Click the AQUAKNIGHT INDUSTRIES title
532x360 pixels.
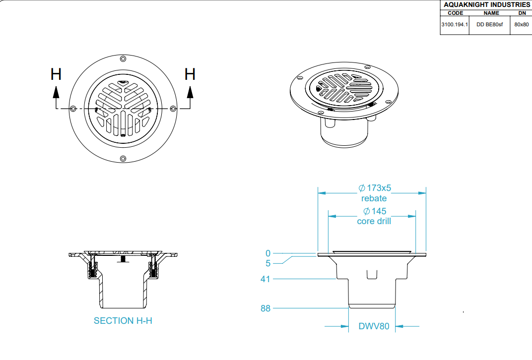coord(487,5)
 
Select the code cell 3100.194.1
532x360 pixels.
coord(455,24)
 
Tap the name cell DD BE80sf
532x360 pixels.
coord(490,24)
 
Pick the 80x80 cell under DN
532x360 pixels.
coord(522,24)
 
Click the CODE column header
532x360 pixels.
coord(455,13)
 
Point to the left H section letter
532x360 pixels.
coord(56,74)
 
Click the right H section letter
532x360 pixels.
coord(190,74)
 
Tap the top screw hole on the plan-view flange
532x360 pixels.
coord(123,59)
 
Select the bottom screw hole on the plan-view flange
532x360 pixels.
coord(123,159)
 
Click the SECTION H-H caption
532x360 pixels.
coord(123,321)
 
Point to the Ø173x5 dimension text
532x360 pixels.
coord(375,188)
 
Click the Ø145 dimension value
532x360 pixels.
coord(375,211)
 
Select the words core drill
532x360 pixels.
coord(374,221)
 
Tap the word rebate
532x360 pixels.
coord(374,198)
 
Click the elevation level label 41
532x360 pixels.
coord(266,279)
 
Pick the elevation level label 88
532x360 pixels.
coord(266,308)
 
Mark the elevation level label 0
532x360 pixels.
coord(268,253)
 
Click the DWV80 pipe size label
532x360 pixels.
coord(374,326)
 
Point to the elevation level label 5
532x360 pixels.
coord(268,263)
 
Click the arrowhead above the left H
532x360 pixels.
coord(56,92)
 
